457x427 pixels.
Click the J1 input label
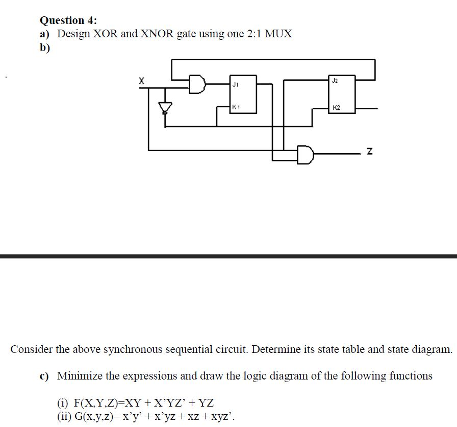coord(236,85)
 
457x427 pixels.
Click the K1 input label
coord(236,107)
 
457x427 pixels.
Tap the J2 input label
coord(335,81)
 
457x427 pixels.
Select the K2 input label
coord(336,108)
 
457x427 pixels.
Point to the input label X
coord(141,81)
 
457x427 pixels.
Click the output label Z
coord(370,151)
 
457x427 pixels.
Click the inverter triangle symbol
coord(165,107)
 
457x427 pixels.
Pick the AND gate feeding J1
coord(197,84)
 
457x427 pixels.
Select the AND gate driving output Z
coord(306,155)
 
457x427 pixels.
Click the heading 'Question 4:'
coord(68,20)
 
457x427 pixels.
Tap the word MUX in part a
coord(278,34)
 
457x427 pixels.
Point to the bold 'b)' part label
coord(45,48)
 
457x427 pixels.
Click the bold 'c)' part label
coord(44,376)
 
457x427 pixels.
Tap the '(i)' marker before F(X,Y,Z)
coord(62,403)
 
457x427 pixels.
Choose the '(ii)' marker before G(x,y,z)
coord(64,416)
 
